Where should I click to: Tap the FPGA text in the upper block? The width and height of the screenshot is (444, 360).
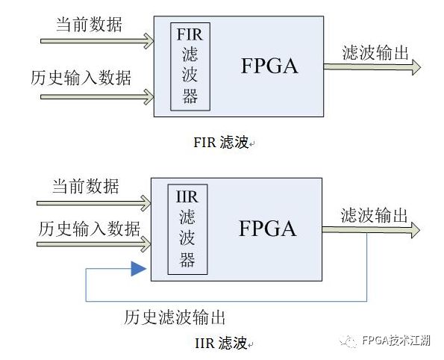click(x=269, y=66)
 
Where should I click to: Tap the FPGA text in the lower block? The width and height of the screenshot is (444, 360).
click(x=268, y=229)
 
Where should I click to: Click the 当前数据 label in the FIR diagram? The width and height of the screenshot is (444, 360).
click(x=90, y=25)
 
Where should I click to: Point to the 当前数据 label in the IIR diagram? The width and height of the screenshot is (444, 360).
click(x=86, y=186)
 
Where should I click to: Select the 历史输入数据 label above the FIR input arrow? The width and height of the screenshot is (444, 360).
click(x=81, y=78)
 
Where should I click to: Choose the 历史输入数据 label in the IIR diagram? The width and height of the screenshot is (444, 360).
click(x=90, y=229)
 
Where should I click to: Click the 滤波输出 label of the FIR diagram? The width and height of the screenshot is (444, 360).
click(x=375, y=53)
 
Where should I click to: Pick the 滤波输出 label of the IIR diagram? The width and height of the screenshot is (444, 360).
click(x=374, y=215)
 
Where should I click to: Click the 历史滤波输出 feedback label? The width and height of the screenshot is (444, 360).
click(x=175, y=317)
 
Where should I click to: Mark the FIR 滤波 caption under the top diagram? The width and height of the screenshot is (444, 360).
click(x=221, y=142)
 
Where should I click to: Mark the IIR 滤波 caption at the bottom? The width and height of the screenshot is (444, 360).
click(x=221, y=343)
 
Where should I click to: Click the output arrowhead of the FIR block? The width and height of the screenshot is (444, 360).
click(x=416, y=67)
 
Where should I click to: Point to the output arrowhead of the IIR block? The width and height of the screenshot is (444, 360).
click(x=416, y=230)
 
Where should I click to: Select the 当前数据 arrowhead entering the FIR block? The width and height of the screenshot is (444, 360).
click(x=149, y=41)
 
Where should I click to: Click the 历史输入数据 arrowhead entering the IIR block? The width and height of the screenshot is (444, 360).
click(x=146, y=244)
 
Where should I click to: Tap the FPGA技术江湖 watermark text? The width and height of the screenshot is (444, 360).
click(x=396, y=340)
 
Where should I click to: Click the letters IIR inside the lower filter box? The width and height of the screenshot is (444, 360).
click(x=187, y=196)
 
